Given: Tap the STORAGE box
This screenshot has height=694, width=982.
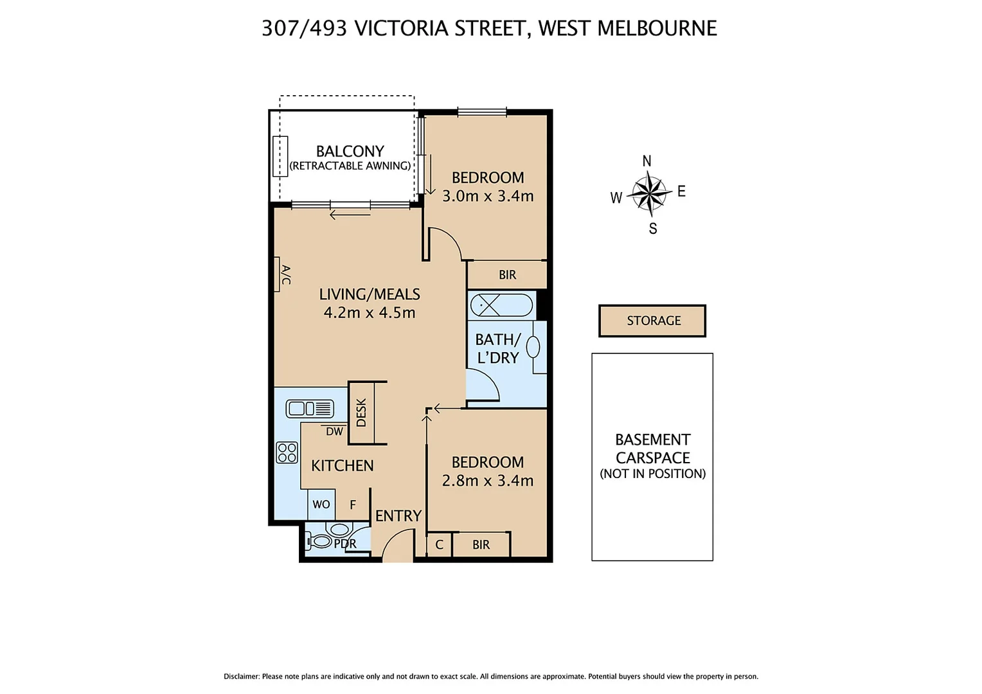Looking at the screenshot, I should pos(652,321).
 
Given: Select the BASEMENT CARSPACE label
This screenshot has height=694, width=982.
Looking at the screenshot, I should pos(652,449).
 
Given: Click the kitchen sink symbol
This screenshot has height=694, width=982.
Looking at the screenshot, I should pos(310,409).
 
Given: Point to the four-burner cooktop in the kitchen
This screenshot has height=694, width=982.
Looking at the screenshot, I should pos(287,452).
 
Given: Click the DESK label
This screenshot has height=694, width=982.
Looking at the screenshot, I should pos(361,413).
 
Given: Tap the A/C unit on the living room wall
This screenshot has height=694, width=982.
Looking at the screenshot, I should pos(278,274).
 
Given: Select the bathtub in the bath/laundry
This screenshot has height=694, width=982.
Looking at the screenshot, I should pos(501,305).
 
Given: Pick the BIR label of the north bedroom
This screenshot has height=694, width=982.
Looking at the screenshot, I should pos(507,275).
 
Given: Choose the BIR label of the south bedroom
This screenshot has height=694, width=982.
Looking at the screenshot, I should pos(481,545).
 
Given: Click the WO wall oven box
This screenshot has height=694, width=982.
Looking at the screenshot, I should pos(321,504).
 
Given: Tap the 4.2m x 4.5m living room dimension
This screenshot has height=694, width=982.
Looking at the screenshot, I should pos(370,313).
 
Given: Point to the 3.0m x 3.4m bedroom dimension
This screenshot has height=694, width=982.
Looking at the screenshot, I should pos(488,196).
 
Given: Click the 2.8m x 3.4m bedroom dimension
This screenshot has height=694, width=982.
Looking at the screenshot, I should pos(487,481).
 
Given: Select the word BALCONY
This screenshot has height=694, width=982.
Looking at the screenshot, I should pos(350,151).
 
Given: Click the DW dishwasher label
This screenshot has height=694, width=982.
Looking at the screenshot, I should pos(334,432).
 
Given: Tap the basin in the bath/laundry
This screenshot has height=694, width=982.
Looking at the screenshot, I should pos(533,347).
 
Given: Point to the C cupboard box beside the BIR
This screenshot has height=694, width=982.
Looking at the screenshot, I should pos(440,545).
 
